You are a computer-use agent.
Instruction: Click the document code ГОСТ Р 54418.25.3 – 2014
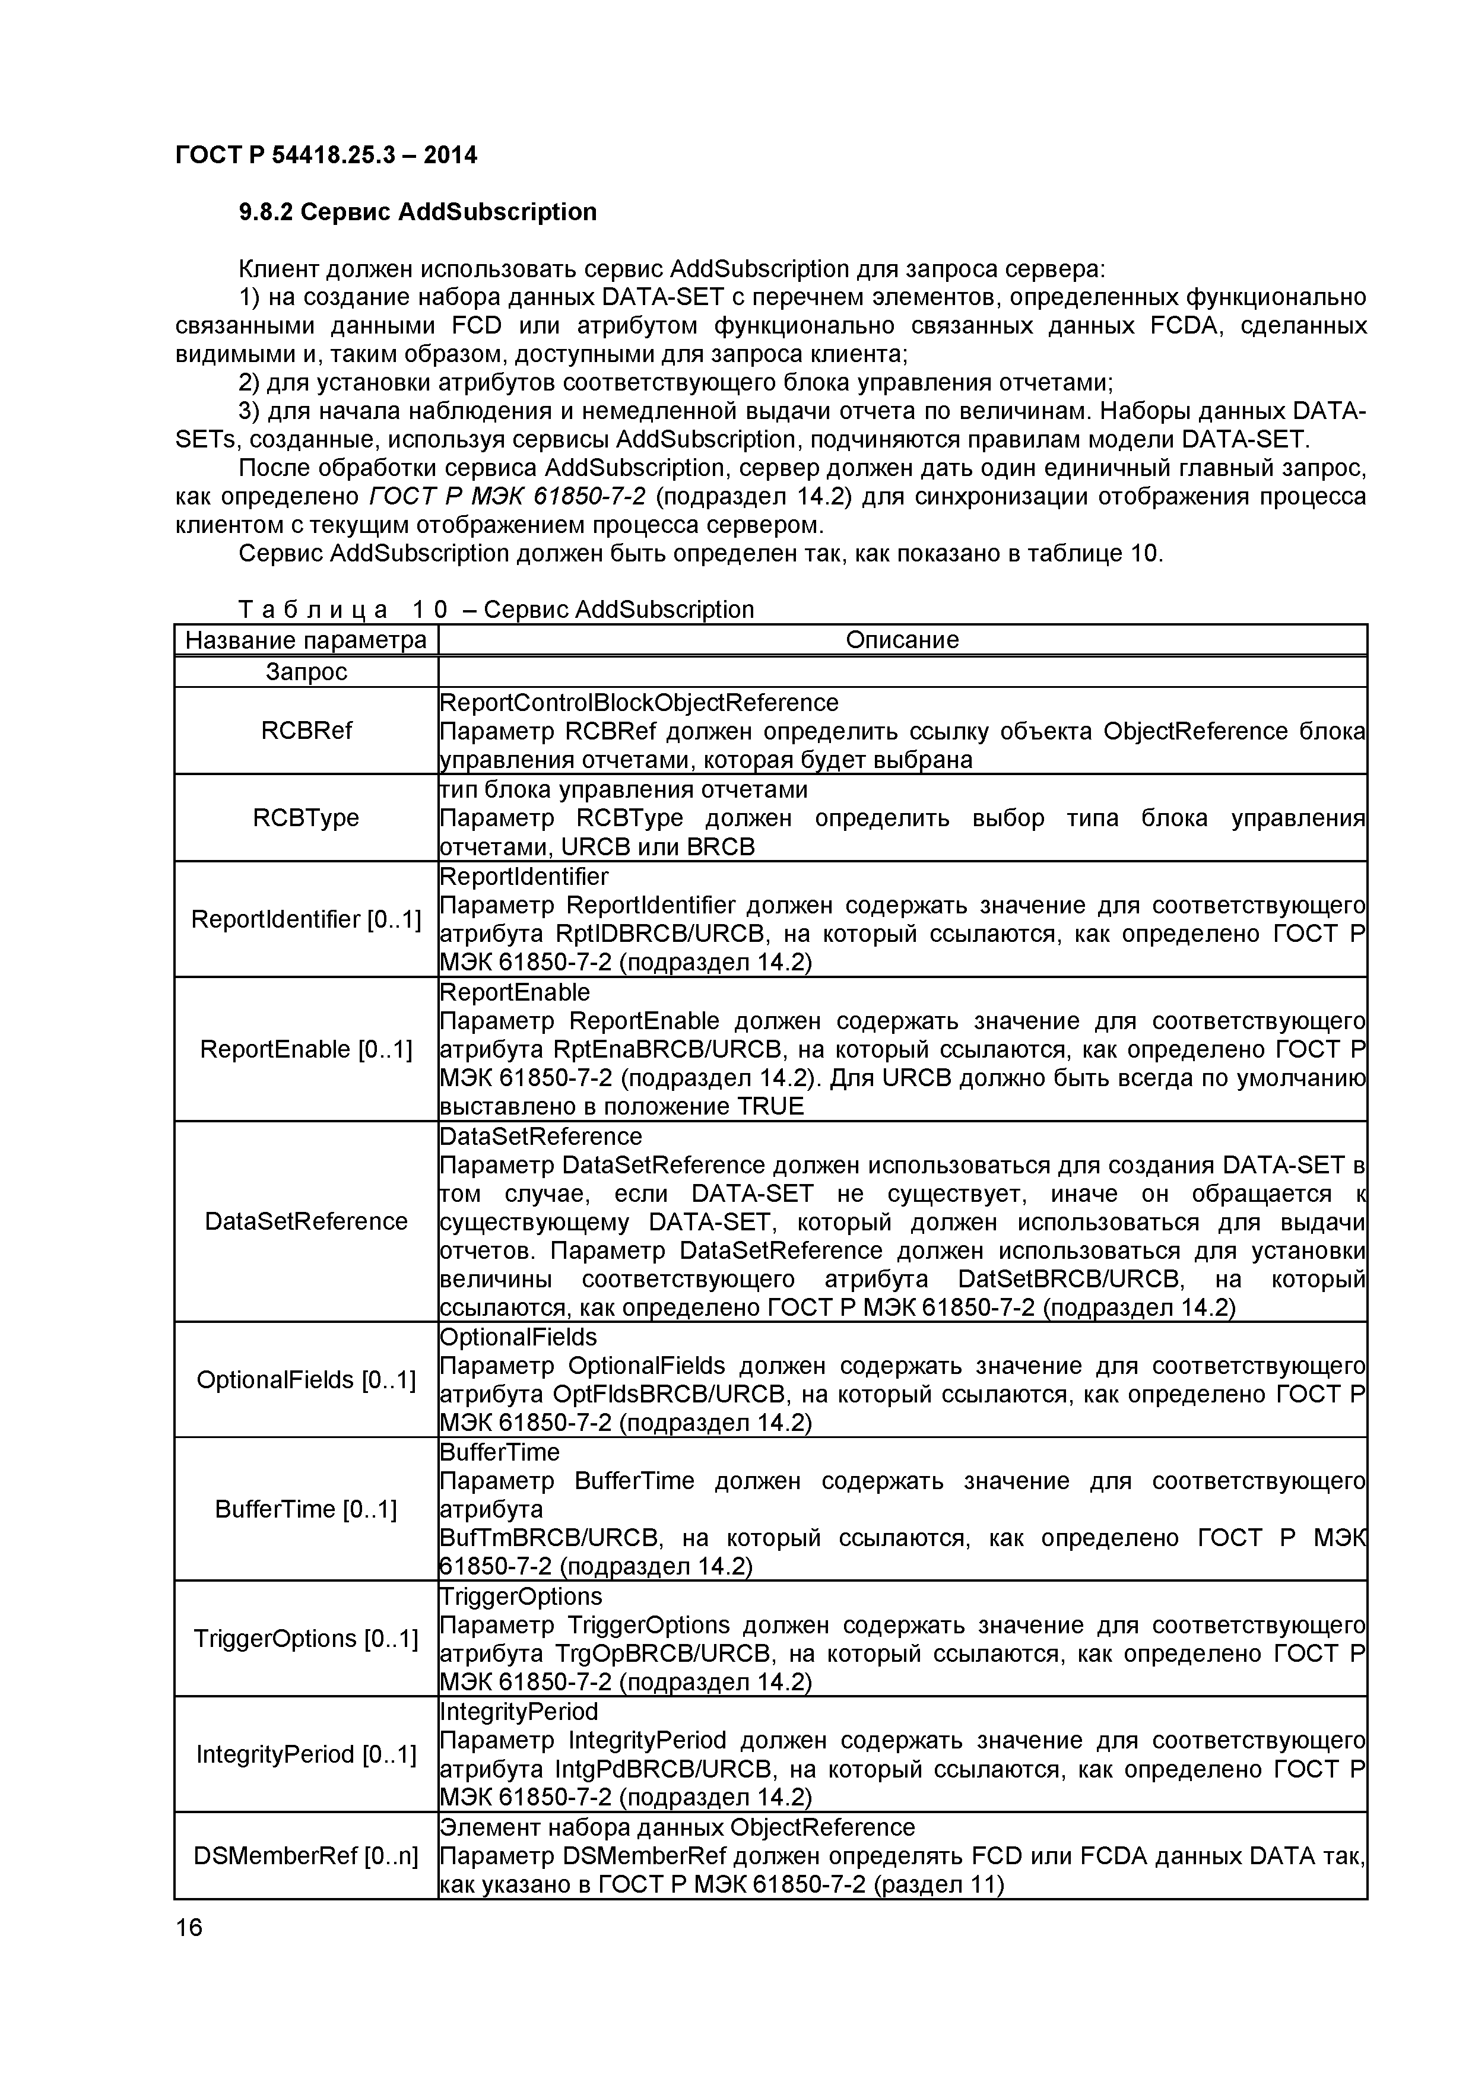click(326, 155)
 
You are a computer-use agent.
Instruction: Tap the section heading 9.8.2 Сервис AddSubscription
click(417, 212)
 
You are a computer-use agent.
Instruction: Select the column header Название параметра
click(306, 640)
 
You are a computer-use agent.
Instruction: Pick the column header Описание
click(902, 640)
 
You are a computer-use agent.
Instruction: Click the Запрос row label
click(306, 672)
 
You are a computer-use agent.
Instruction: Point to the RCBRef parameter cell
click(306, 731)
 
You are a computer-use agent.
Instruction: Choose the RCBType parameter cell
click(306, 818)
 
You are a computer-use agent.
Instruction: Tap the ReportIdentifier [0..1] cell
click(306, 919)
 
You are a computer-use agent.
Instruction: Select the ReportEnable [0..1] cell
click(306, 1049)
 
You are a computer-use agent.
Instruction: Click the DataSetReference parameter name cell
click(306, 1221)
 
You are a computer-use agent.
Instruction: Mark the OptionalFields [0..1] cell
click(306, 1380)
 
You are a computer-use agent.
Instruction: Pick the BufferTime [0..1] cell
click(306, 1510)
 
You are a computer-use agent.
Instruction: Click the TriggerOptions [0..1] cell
click(306, 1639)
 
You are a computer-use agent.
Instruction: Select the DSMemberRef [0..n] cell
click(306, 1856)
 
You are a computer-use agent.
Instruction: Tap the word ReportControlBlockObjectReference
click(639, 703)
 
